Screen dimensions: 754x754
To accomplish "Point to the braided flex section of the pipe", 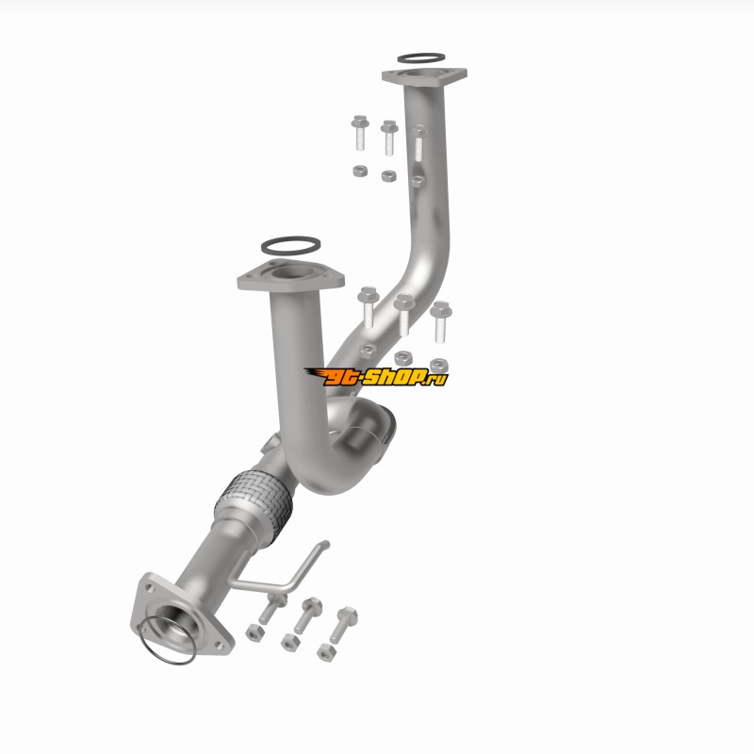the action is tap(254, 507).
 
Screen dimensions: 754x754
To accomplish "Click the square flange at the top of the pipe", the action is tap(425, 76).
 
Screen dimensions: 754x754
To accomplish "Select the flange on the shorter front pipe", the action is tap(291, 275).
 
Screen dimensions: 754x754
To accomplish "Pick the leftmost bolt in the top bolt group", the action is tap(360, 132).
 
